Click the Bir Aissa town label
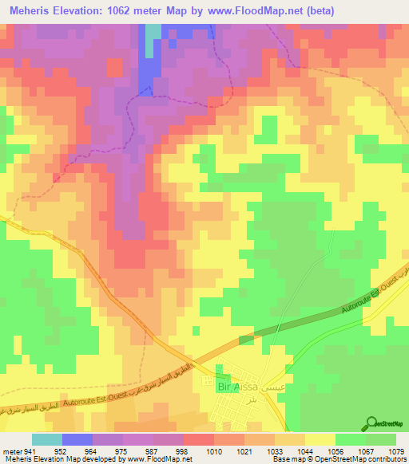(235, 387)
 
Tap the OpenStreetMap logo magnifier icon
(371, 423)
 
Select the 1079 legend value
(396, 450)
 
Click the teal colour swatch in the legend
(46, 438)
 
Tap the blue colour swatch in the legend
(77, 438)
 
